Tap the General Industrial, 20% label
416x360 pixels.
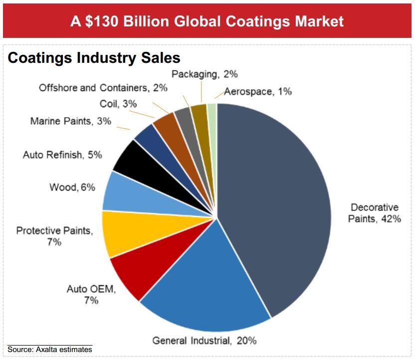click(x=205, y=341)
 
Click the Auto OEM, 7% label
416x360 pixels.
click(x=91, y=294)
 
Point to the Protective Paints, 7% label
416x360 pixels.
click(x=54, y=236)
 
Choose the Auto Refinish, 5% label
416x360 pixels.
click(x=62, y=155)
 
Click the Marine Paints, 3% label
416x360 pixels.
click(x=71, y=121)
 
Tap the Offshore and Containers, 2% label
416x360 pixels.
click(x=103, y=88)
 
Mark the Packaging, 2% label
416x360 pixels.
click(x=205, y=74)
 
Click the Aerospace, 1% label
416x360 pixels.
click(x=258, y=92)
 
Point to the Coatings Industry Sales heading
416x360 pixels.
click(x=94, y=58)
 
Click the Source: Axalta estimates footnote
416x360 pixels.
click(x=50, y=350)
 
